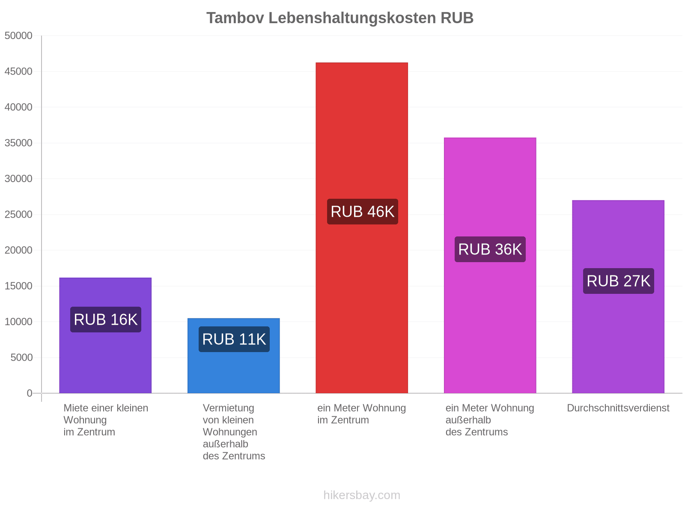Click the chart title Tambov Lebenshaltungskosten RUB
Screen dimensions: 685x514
point(340,18)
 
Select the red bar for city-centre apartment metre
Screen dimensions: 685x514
point(362,228)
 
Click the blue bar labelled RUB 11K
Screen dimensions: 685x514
point(233,356)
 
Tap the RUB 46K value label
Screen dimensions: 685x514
point(362,212)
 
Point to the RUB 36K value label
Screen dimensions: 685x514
point(490,249)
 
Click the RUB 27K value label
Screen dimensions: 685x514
point(618,281)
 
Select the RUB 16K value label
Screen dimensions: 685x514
point(105,320)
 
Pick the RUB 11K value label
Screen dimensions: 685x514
point(234,339)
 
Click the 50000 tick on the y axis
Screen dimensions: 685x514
point(18,36)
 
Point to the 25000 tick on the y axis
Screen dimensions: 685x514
point(18,215)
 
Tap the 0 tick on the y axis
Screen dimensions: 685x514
point(30,393)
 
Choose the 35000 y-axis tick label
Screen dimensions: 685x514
point(18,143)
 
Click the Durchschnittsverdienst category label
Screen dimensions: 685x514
point(618,408)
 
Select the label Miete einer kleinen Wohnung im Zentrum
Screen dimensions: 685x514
point(106,420)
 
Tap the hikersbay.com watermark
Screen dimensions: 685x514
point(362,495)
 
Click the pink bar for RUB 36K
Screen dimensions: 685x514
point(490,265)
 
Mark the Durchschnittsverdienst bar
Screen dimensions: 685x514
point(618,297)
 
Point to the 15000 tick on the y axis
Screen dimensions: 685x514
point(18,286)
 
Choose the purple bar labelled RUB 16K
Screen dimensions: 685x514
point(105,335)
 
